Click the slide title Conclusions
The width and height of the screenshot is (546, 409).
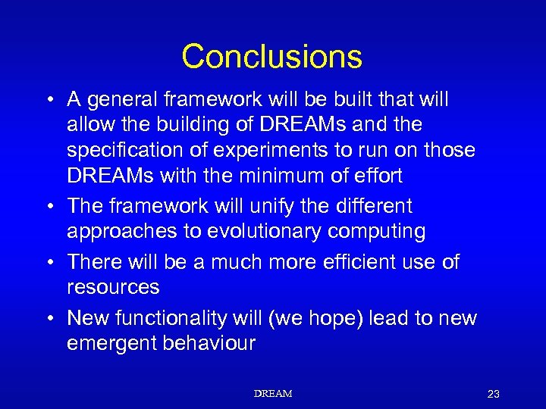pos(272,56)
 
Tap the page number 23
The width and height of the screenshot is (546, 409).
pos(494,394)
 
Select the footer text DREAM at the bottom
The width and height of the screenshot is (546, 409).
pos(273,394)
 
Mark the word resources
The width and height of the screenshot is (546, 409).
pos(113,287)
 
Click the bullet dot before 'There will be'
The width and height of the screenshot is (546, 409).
pos(49,263)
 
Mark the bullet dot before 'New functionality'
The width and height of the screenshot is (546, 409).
pos(49,319)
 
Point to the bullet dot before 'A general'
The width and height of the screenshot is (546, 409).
pos(49,100)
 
